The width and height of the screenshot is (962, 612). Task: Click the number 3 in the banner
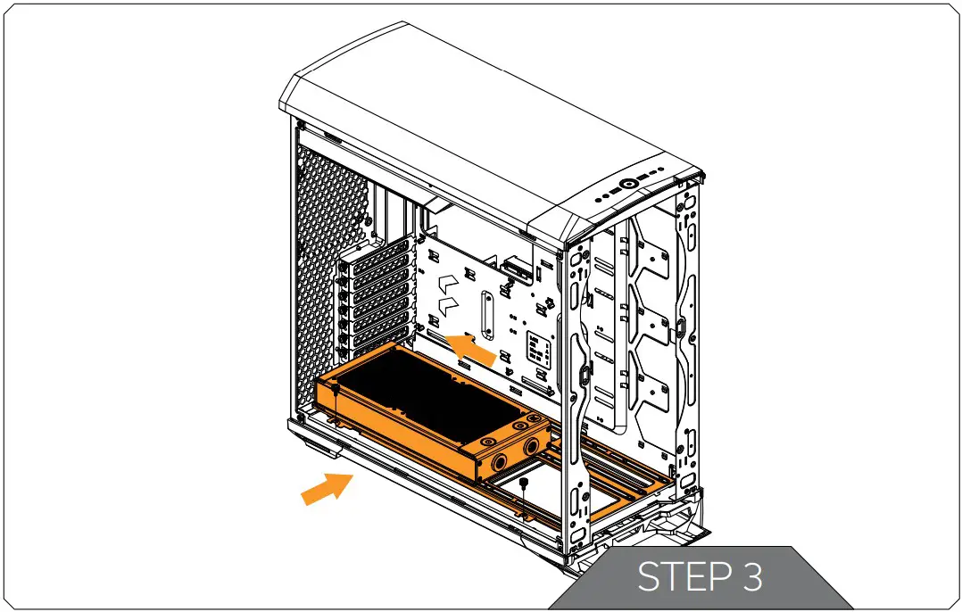[x=751, y=578]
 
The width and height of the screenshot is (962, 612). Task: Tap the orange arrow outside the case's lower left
[x=325, y=489]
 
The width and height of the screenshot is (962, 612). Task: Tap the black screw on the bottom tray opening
[x=524, y=483]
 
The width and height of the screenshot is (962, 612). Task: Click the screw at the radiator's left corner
[x=332, y=390]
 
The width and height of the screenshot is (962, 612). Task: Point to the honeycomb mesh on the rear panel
[x=326, y=268]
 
